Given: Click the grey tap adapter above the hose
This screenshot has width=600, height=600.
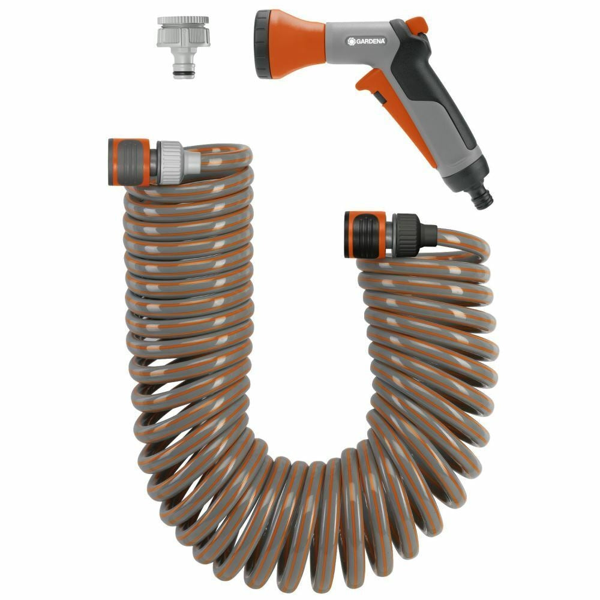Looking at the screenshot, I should pyautogui.click(x=183, y=46).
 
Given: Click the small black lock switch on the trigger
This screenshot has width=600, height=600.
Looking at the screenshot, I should pyautogui.click(x=379, y=97).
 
